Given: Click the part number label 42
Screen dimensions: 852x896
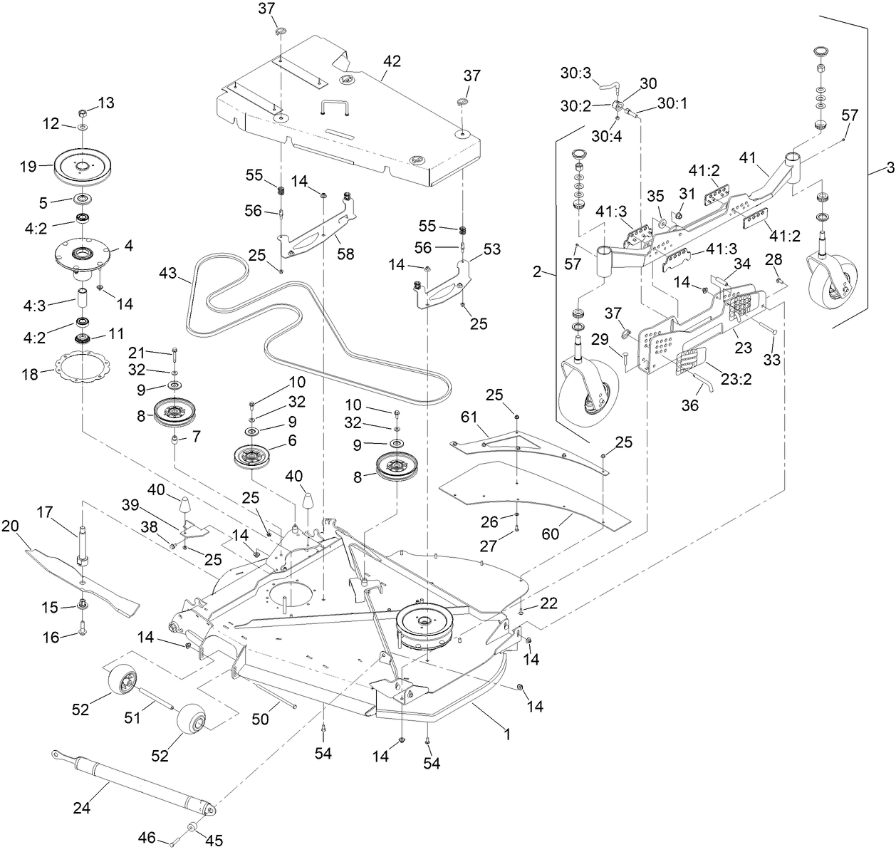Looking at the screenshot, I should [x=391, y=61].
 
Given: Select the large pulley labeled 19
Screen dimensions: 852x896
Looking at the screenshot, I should [x=83, y=164].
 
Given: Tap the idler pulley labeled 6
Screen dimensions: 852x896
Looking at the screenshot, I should [x=254, y=456].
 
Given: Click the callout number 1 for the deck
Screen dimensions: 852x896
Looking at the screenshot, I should [x=507, y=734].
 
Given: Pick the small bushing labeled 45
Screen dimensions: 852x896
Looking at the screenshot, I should [x=192, y=828].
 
